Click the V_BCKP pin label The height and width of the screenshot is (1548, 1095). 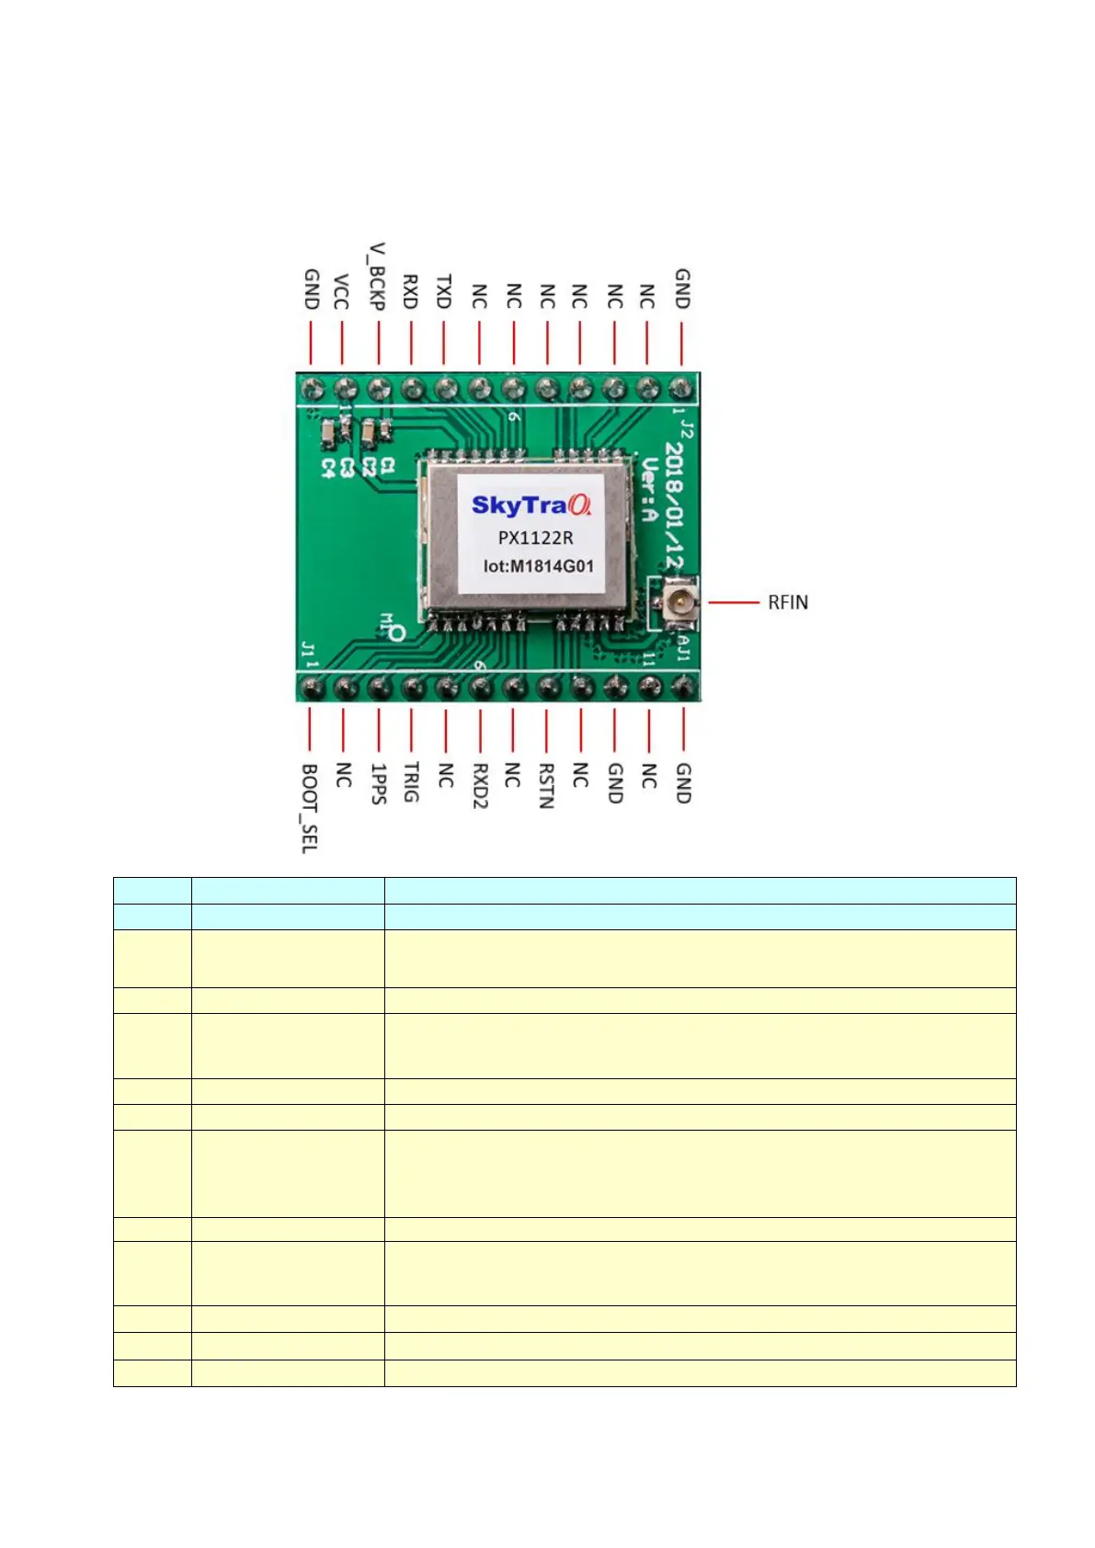point(377,277)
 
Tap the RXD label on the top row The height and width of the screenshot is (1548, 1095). point(411,291)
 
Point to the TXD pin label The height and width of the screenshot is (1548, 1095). point(444,291)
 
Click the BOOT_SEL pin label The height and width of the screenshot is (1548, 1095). point(310,808)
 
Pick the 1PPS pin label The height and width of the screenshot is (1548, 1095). point(378,783)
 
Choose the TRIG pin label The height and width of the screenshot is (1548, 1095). point(411,782)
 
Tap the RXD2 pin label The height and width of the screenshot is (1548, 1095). point(479,785)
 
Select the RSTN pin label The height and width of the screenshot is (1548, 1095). point(546,785)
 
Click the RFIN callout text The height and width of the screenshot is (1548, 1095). point(788,603)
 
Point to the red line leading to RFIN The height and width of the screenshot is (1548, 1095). point(734,603)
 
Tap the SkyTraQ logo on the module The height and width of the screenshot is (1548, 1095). point(531,505)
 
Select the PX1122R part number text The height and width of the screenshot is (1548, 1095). point(535,538)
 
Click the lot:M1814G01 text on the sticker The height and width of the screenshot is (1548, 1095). point(539,566)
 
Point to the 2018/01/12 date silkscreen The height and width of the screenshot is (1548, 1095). point(675,505)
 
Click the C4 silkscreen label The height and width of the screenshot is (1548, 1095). point(328,468)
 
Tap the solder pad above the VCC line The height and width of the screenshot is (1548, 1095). point(344,388)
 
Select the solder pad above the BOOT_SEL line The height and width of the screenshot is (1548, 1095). point(312,687)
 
